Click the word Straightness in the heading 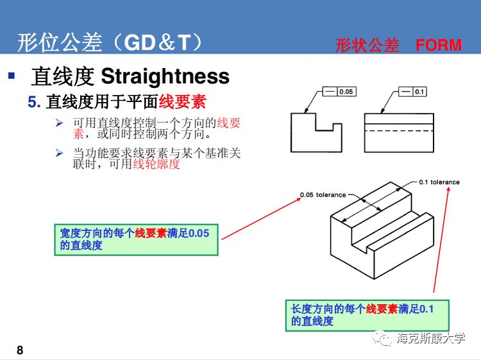coord(165,76)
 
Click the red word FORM coord(438,45)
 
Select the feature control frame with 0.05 coord(338,92)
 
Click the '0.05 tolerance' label coord(323,194)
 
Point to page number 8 coord(20,350)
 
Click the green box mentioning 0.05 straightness coord(136,239)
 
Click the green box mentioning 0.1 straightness coord(366,315)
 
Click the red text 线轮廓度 coord(156,164)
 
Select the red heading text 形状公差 coord(367,45)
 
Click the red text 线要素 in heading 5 coord(183,101)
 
